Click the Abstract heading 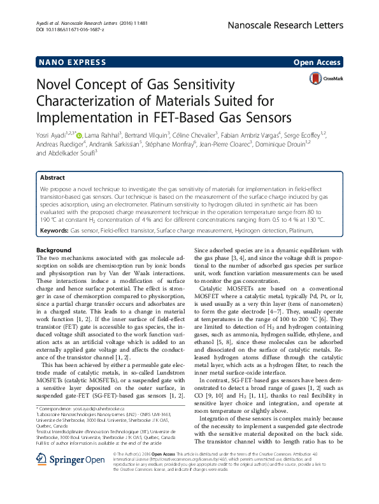pos(52,178)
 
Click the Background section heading pos(54,250)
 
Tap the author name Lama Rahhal pos(103,135)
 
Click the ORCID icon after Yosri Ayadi pos(79,135)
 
